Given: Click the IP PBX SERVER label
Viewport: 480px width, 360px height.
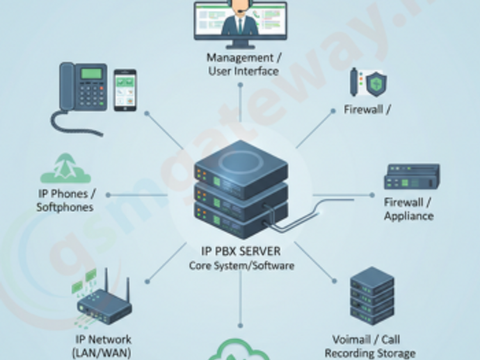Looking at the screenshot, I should [x=241, y=252].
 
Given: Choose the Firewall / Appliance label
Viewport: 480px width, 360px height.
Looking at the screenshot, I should [x=408, y=208].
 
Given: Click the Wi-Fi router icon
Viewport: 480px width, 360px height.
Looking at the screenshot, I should [x=104, y=302].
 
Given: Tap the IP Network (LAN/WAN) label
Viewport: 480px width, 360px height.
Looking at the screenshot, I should [x=103, y=345].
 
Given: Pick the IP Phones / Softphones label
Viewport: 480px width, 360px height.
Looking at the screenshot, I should [x=67, y=200].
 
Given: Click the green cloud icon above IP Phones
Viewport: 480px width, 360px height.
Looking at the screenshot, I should [x=65, y=170].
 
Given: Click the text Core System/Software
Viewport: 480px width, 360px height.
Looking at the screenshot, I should [x=241, y=265].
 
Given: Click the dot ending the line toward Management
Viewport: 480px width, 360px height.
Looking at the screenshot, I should [x=241, y=85].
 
